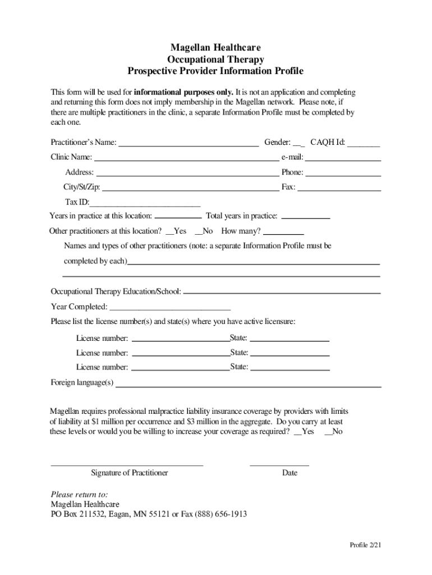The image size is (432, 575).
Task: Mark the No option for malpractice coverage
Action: [333, 432]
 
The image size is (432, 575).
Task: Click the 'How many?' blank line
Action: [283, 232]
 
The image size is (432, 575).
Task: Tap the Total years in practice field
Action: [305, 217]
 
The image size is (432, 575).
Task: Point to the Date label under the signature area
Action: [289, 473]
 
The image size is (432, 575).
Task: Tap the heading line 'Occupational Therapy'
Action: [215, 60]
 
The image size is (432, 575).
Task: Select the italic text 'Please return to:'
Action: [79, 495]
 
